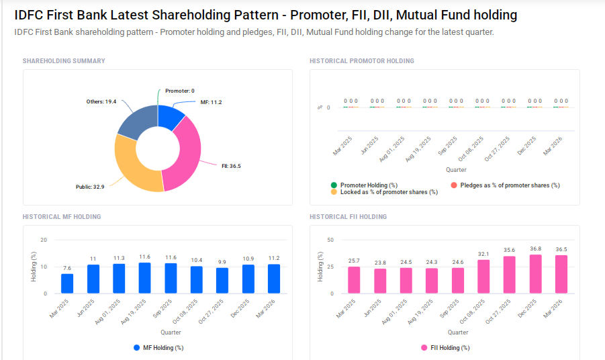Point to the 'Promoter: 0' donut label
coord(179,91)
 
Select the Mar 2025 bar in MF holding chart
coord(67,283)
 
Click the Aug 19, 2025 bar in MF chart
coord(145,278)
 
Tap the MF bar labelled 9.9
coord(222,281)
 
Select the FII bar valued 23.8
coord(380,281)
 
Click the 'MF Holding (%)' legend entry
coord(158,348)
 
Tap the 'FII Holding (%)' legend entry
coord(445,348)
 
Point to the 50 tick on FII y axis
coord(330,240)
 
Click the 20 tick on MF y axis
coord(44,240)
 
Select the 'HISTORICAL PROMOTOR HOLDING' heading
coord(362,61)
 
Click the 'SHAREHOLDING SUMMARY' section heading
coord(64,61)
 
